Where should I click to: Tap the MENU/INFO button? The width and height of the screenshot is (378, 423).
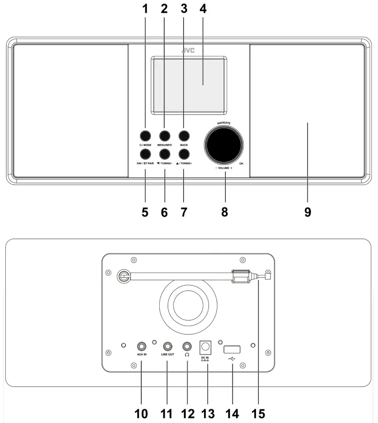click(x=164, y=135)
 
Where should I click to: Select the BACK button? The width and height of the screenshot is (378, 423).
click(x=184, y=135)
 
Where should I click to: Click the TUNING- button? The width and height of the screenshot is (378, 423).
click(x=164, y=154)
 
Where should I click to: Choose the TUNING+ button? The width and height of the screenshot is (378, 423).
click(x=184, y=154)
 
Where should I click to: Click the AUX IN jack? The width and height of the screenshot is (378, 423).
click(x=142, y=346)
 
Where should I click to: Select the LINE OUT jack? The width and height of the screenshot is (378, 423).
click(x=167, y=346)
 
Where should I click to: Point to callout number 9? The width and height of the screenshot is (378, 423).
click(x=308, y=212)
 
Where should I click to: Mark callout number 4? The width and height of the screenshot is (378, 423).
click(x=203, y=9)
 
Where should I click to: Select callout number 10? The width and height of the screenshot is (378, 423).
click(x=141, y=414)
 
